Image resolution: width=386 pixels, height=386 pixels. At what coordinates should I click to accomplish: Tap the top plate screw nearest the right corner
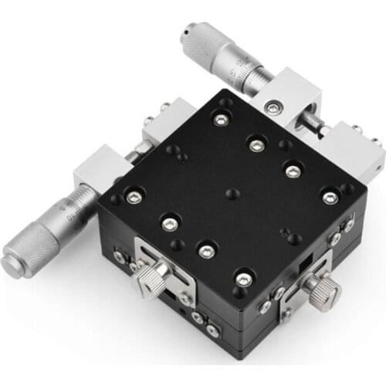[x=330, y=198]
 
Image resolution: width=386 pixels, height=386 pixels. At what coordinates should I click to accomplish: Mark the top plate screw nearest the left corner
[x=132, y=198]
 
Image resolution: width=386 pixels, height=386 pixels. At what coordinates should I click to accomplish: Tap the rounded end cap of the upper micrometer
[x=186, y=34]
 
